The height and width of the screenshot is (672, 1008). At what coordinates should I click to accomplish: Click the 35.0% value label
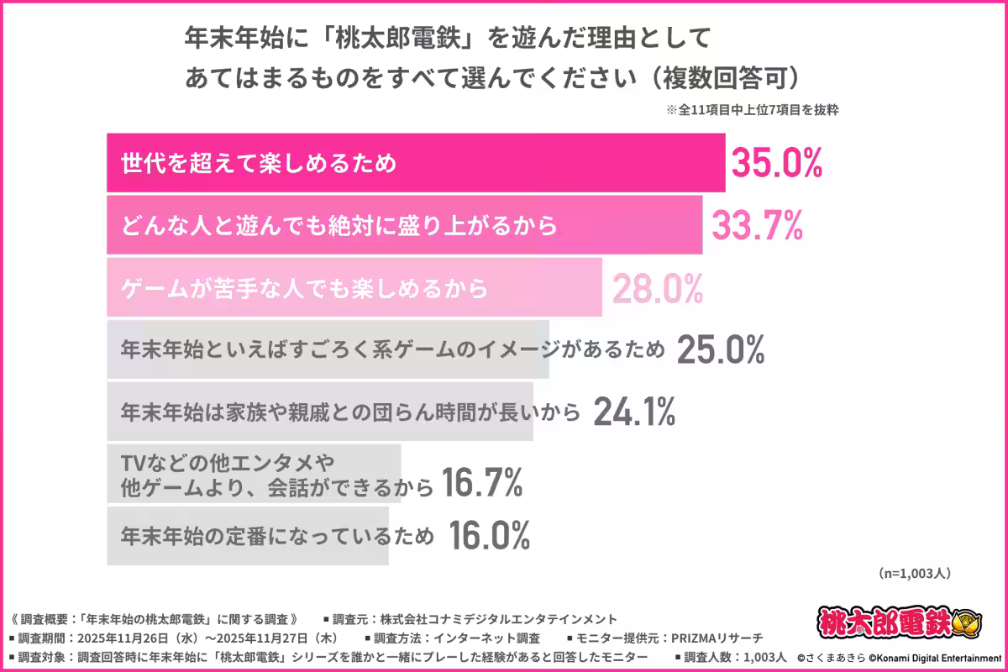775,163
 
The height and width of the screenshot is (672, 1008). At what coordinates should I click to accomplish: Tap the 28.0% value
657,288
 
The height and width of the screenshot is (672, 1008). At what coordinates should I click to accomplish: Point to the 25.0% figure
720,350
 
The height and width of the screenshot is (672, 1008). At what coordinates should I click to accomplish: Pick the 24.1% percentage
634,412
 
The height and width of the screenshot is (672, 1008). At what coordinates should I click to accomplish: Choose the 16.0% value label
489,534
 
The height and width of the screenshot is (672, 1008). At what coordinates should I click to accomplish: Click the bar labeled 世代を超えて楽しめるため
416,163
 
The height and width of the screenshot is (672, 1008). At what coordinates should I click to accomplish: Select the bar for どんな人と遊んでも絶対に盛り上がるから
403,225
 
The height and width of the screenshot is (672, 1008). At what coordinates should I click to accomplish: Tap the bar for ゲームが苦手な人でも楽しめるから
353,288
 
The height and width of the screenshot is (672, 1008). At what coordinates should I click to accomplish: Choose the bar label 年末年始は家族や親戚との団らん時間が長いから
351,412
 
